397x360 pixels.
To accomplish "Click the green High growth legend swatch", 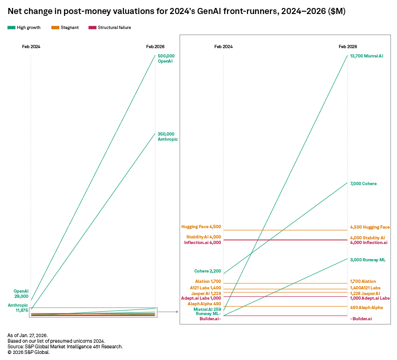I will point(11,28).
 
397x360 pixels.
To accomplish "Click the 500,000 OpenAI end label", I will point(166,58).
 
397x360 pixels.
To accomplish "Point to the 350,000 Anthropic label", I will point(168,137).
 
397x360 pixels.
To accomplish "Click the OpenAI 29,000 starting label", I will point(21,294).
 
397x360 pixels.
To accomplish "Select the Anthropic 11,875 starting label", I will point(18,308).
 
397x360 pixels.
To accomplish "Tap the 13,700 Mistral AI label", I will point(367,56).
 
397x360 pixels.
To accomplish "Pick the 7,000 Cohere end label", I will point(363,184).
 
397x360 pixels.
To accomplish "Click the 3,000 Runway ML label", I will point(368,259).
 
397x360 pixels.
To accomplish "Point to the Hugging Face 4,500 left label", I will point(201,227).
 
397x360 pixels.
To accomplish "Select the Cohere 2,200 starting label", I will point(207,271).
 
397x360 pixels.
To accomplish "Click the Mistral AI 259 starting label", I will point(207,309).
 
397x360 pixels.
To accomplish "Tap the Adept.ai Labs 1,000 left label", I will point(201,298).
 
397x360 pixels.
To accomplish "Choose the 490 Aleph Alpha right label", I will point(366,308).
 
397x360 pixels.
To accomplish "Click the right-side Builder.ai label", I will point(361,318).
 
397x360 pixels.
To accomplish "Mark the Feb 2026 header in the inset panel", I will point(348,47).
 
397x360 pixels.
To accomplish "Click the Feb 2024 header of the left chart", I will point(31,47).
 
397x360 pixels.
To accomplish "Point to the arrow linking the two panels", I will point(169,311).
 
